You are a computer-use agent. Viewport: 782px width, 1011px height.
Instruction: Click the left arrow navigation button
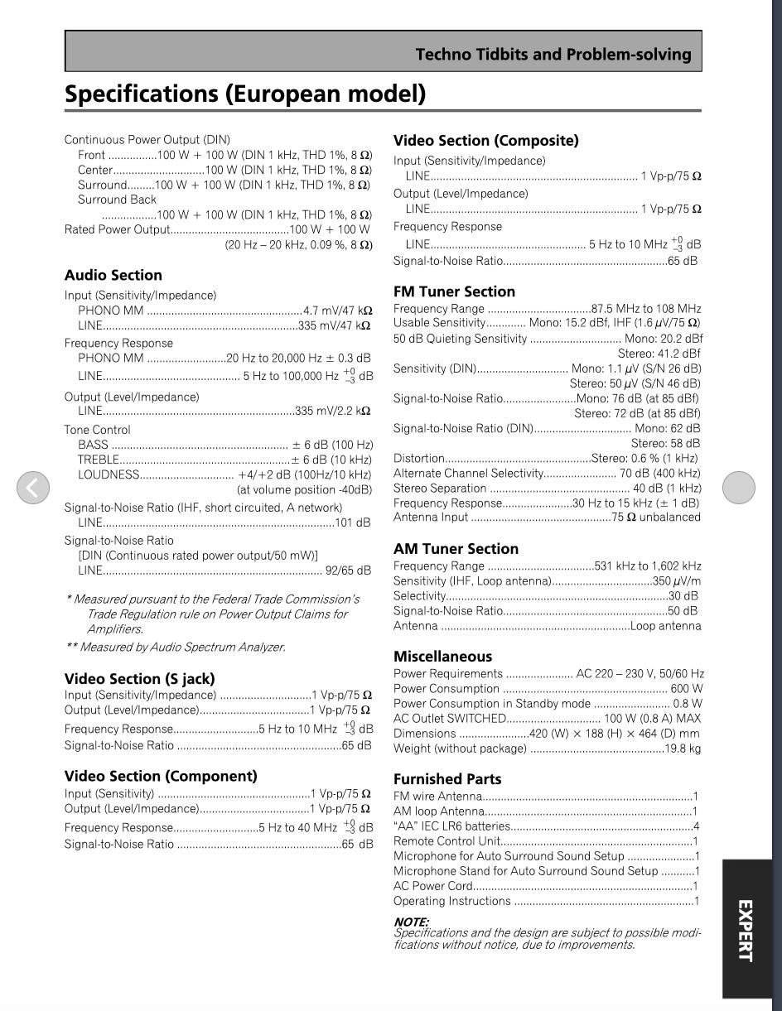33,487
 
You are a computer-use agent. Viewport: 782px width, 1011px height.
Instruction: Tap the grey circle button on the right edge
738,487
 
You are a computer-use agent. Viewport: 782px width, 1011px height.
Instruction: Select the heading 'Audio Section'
113,276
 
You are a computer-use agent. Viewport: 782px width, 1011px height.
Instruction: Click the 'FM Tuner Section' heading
454,291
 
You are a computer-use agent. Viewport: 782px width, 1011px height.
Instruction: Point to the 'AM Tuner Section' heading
456,549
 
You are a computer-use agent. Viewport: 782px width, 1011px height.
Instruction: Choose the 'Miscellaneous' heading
442,657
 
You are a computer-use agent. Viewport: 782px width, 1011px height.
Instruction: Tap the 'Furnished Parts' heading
447,779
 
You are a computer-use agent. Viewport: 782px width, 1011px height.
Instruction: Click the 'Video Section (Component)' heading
161,777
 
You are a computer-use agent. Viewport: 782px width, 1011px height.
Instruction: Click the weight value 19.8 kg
683,749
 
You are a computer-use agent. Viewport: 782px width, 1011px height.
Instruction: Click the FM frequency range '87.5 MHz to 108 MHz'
645,309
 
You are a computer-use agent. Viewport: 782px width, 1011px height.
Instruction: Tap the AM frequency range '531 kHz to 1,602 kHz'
648,566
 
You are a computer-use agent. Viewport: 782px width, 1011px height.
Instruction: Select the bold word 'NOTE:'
411,922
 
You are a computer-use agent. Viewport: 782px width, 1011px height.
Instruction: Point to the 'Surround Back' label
117,200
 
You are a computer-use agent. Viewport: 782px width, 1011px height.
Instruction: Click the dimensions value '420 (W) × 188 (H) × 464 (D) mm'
614,734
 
